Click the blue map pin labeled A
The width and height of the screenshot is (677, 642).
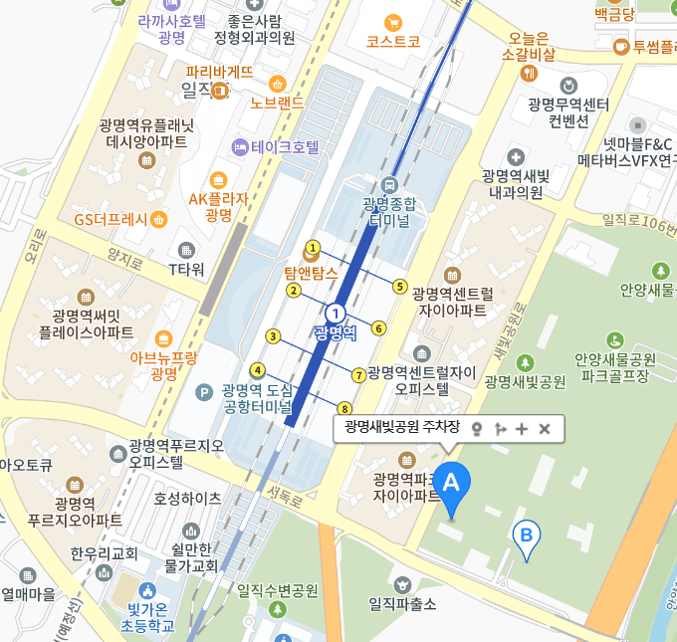coord(451,485)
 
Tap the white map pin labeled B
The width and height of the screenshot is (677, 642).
coord(527,535)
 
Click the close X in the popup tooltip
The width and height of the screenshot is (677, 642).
coord(545,428)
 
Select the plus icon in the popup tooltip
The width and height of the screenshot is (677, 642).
coord(522,428)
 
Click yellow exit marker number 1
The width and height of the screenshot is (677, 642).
coord(313,247)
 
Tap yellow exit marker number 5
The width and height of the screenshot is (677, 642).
coord(399,287)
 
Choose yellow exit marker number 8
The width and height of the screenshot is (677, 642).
coord(345,408)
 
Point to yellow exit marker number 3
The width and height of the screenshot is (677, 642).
coord(273,336)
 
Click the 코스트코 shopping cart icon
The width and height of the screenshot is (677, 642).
coord(393,22)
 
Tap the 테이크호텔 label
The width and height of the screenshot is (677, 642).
coord(285,147)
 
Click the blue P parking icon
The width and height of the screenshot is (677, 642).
coord(204,391)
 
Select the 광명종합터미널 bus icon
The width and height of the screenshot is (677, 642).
coord(388,183)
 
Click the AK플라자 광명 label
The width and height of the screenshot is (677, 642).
coord(218,206)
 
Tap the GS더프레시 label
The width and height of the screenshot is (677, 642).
coord(111,219)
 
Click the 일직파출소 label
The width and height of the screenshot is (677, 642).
coord(402,602)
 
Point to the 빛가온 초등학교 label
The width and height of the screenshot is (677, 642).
coord(147,617)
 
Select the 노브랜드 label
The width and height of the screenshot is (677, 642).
coord(277,103)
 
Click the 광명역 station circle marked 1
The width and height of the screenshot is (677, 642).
coord(336,313)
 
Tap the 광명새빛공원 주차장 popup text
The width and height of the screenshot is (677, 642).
coord(401,428)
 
